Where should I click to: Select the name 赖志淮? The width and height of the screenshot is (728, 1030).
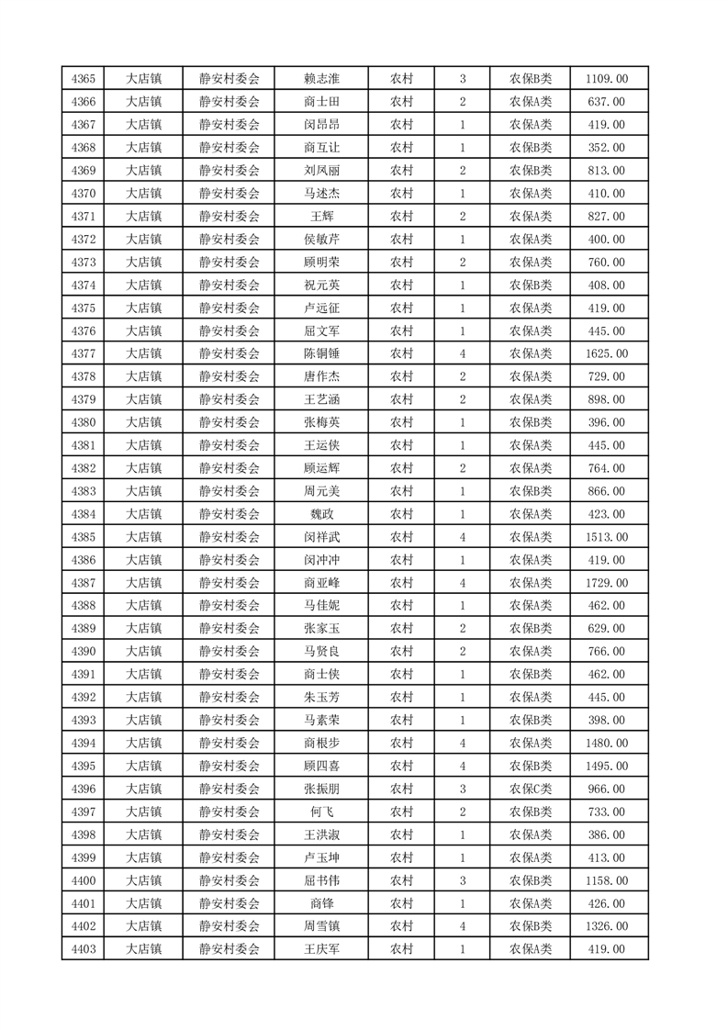point(321,79)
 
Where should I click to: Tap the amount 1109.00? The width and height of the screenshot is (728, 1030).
point(606,79)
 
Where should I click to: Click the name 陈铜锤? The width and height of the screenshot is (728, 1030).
point(321,353)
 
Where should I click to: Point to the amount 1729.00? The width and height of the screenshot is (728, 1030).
point(606,583)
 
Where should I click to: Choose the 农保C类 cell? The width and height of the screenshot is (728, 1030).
point(530,789)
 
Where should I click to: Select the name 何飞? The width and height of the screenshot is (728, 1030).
point(321,812)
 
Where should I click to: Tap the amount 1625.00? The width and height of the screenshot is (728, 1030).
point(606,353)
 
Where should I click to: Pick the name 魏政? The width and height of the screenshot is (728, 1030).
point(321,514)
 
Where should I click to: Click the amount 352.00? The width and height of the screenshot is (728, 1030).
point(606,148)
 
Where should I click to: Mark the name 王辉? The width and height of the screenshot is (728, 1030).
point(321,216)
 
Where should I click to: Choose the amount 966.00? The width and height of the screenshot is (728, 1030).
point(606,789)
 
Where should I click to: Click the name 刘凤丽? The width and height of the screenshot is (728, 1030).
point(321,171)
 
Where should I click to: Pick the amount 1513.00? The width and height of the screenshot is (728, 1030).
point(606,537)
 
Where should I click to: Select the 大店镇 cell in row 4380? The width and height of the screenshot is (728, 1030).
point(143,422)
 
